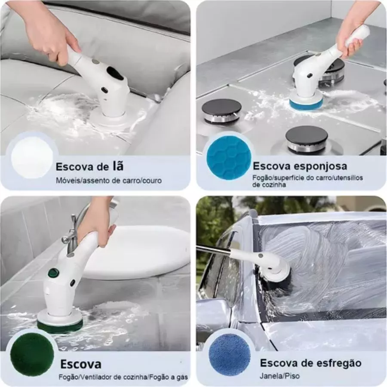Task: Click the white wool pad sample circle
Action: click(32, 157)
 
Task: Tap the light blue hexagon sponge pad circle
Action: click(229, 157)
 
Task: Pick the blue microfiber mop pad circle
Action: click(230, 355)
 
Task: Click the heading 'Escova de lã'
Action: click(89, 166)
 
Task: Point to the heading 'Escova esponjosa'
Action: click(300, 166)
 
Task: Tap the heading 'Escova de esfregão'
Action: click(310, 363)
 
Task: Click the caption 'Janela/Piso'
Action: click(279, 376)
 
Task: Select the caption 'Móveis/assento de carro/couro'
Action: click(109, 181)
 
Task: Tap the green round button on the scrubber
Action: click(54, 273)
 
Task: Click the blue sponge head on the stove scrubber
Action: click(306, 104)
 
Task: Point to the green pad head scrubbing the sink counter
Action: click(60, 326)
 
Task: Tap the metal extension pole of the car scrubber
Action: click(214, 249)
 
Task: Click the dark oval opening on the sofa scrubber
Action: click(115, 73)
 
